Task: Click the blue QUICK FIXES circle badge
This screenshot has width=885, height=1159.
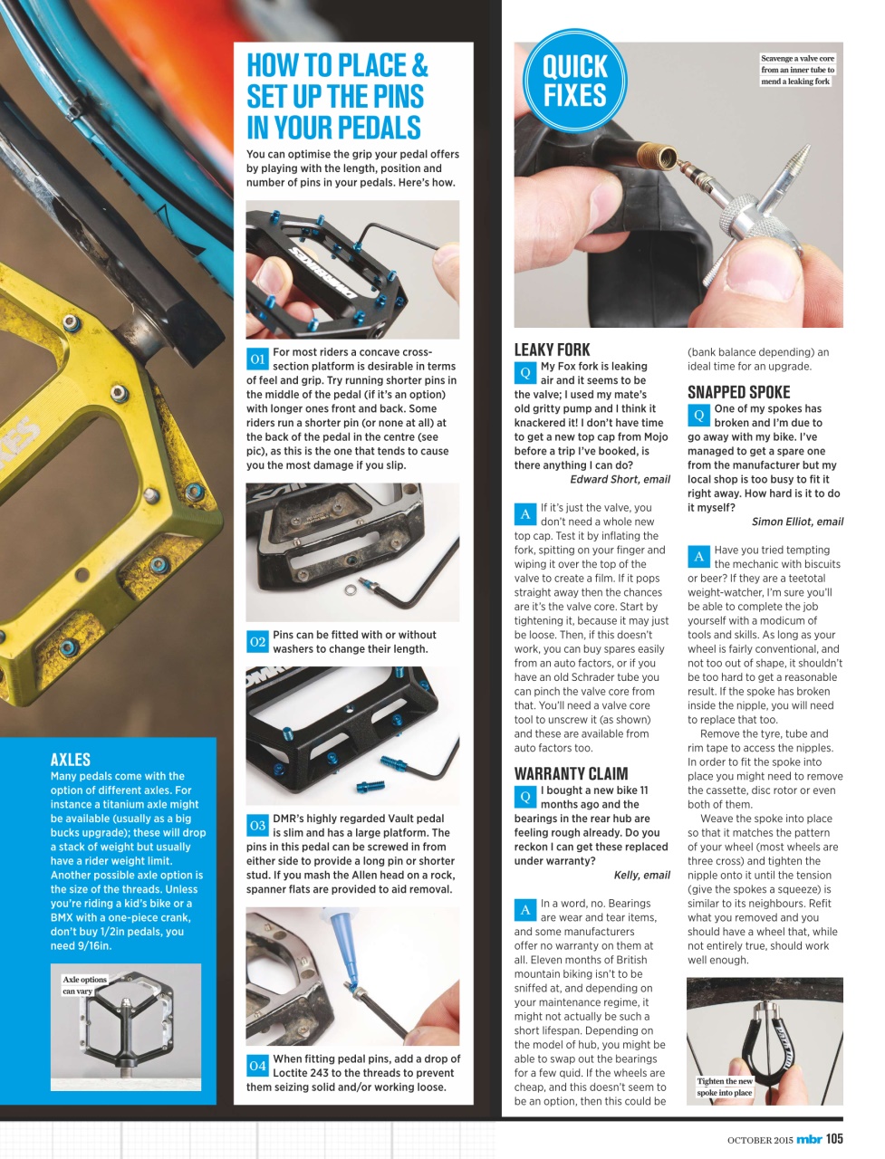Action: pyautogui.click(x=574, y=81)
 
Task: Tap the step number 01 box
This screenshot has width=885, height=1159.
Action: pyautogui.click(x=257, y=359)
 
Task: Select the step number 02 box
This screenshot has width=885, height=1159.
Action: pyautogui.click(x=257, y=642)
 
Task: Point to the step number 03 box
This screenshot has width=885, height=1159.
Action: pyautogui.click(x=257, y=825)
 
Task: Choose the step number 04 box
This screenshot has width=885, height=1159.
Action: pyautogui.click(x=257, y=1066)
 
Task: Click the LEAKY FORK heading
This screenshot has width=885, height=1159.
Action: pyautogui.click(x=552, y=350)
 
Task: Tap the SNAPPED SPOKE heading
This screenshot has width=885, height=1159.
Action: pyautogui.click(x=738, y=392)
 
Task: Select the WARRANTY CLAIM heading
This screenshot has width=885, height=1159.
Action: pyautogui.click(x=571, y=773)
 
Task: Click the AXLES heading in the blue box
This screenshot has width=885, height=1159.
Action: pyautogui.click(x=71, y=759)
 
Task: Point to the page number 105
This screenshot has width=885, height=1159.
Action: pyautogui.click(x=833, y=1139)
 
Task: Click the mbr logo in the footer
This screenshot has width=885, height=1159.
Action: pyautogui.click(x=809, y=1139)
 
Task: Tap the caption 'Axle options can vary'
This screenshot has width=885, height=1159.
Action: pyautogui.click(x=84, y=985)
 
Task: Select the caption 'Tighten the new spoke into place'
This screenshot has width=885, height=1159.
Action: pyautogui.click(x=725, y=1087)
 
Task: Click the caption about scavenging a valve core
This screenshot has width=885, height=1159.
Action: pyautogui.click(x=797, y=70)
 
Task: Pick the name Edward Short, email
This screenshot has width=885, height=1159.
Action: pyautogui.click(x=620, y=479)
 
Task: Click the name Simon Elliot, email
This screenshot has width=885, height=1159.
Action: pyautogui.click(x=797, y=522)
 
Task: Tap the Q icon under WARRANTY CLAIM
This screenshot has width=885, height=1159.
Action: pyautogui.click(x=524, y=797)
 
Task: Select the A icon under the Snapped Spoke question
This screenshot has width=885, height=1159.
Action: pyautogui.click(x=698, y=557)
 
